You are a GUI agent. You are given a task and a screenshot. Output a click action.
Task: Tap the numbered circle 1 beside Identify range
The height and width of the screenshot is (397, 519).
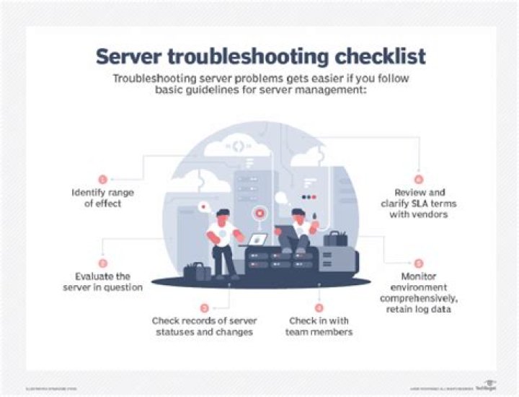point(102,178)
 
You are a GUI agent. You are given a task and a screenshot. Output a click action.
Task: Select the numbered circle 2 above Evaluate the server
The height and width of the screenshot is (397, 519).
point(102,263)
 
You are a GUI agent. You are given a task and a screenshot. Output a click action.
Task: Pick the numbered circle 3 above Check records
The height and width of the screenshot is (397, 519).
point(204,307)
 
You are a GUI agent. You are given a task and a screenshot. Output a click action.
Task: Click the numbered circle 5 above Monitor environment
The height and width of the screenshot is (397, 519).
point(419,263)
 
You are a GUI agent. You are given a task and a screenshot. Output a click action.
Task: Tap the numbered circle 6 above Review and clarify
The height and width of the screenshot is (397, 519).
point(417,178)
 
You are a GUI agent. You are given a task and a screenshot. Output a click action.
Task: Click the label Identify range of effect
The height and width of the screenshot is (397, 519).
point(102,198)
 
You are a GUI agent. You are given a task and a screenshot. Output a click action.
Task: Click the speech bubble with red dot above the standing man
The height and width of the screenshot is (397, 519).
point(204,207)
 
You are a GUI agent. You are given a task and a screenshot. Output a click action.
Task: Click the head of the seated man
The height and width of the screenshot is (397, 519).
point(298,214)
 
